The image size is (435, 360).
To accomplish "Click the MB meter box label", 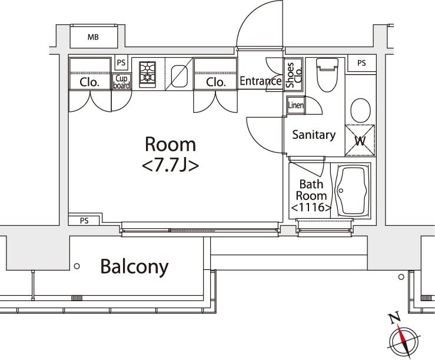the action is pos(93,37).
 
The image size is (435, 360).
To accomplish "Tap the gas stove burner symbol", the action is pos(147,72).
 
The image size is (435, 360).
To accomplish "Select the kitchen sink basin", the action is pos(179,76).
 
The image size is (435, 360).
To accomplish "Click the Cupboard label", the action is pos(121,82).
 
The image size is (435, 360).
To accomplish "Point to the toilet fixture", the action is pos(327,75).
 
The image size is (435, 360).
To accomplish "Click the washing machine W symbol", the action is pos(360,141).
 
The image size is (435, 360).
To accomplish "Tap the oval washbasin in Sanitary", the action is pos(360,111).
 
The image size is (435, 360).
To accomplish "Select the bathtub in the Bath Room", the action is pos(350,191).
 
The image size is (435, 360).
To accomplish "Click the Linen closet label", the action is pos(295,105).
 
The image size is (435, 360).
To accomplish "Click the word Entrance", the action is pos(261,81).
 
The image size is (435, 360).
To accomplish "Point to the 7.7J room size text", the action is pos(170,166).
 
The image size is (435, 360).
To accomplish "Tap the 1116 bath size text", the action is pos(311,207).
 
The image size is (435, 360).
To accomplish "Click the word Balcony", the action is pos(135,266).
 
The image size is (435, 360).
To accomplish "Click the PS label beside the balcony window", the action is pos(84,221).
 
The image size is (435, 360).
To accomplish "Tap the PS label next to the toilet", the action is pos(361,63).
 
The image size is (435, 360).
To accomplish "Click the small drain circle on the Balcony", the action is pos(77,266).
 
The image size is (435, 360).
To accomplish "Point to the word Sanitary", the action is pos(314,135).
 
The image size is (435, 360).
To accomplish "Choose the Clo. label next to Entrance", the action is pos(215,82).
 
